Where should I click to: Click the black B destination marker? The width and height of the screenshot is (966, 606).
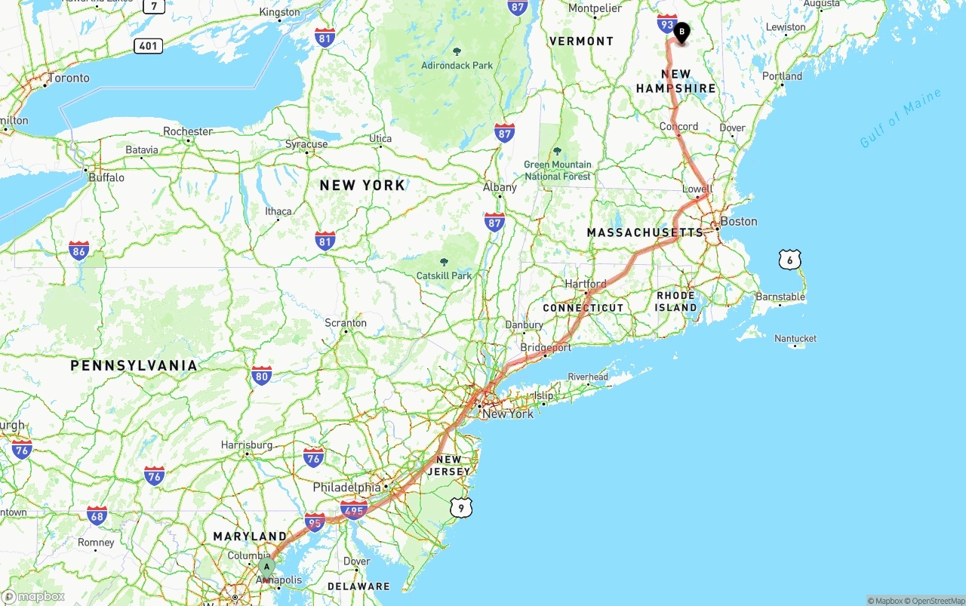tap(681, 32)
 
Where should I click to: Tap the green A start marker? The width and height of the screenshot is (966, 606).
tap(266, 566)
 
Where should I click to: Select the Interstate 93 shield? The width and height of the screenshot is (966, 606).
tap(666, 24)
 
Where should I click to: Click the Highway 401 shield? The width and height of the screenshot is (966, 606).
tap(149, 46)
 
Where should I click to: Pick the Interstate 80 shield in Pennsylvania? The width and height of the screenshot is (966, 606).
tap(262, 375)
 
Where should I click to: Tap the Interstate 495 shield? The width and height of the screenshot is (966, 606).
tap(354, 510)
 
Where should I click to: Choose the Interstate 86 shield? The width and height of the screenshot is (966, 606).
tap(78, 251)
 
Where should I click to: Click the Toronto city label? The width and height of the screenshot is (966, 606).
tap(68, 78)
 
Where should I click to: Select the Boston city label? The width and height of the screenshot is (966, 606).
tap(738, 221)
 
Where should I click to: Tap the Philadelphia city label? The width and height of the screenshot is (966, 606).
tap(346, 488)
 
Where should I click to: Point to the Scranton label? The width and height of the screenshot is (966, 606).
tap(346, 323)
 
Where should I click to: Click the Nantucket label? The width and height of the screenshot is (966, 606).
tap(795, 339)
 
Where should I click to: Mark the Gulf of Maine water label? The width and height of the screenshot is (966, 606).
tap(900, 118)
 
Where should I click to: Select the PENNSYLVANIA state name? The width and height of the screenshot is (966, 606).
tap(134, 365)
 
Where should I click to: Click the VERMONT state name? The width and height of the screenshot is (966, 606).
tap(581, 42)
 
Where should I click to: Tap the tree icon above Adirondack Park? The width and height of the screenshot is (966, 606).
tap(457, 51)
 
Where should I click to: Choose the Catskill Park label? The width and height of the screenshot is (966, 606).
tap(444, 275)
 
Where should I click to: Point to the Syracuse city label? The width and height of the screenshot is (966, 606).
tap(306, 144)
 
